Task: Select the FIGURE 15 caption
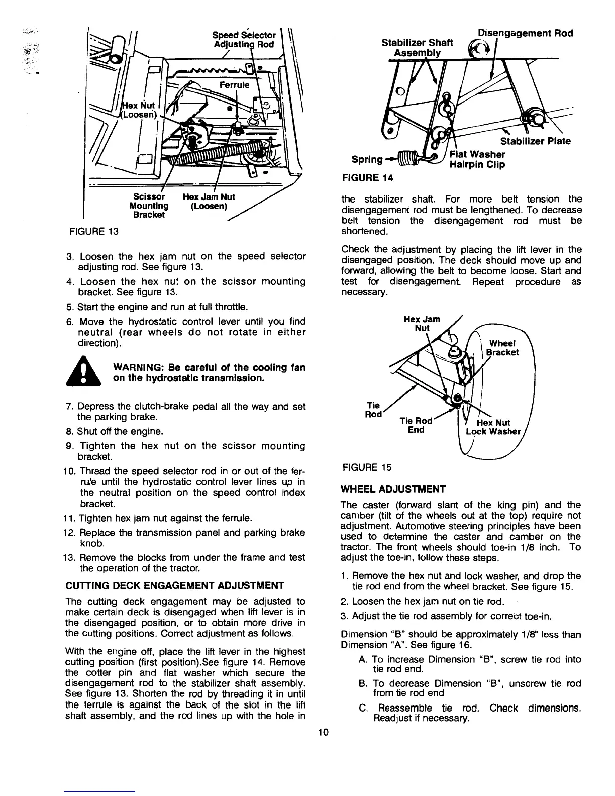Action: [366, 467]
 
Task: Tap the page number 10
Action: [323, 732]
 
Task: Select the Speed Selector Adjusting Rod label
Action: [244, 40]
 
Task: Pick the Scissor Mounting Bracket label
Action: [149, 206]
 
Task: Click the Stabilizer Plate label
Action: [535, 141]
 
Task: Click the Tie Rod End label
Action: [416, 425]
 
